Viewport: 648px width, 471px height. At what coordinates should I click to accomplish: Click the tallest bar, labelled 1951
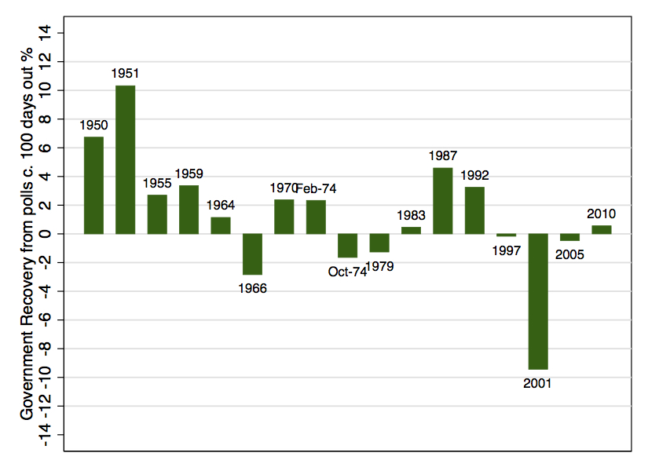(126, 159)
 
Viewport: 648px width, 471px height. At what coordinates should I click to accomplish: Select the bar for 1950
(93, 185)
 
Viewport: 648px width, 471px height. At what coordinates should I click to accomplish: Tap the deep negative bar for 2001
(538, 301)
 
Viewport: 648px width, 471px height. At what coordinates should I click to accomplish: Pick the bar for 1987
(443, 201)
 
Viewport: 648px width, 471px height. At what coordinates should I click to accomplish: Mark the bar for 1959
(189, 210)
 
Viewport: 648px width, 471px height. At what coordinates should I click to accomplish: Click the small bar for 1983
(411, 230)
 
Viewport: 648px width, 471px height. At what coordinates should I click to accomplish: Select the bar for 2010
(601, 229)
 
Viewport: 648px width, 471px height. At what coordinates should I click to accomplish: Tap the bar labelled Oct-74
(347, 246)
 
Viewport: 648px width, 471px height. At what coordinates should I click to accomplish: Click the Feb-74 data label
(316, 188)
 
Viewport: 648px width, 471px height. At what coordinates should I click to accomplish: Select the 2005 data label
(569, 254)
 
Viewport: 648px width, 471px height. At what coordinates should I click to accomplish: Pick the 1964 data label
(221, 206)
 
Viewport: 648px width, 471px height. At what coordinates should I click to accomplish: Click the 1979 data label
(379, 266)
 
